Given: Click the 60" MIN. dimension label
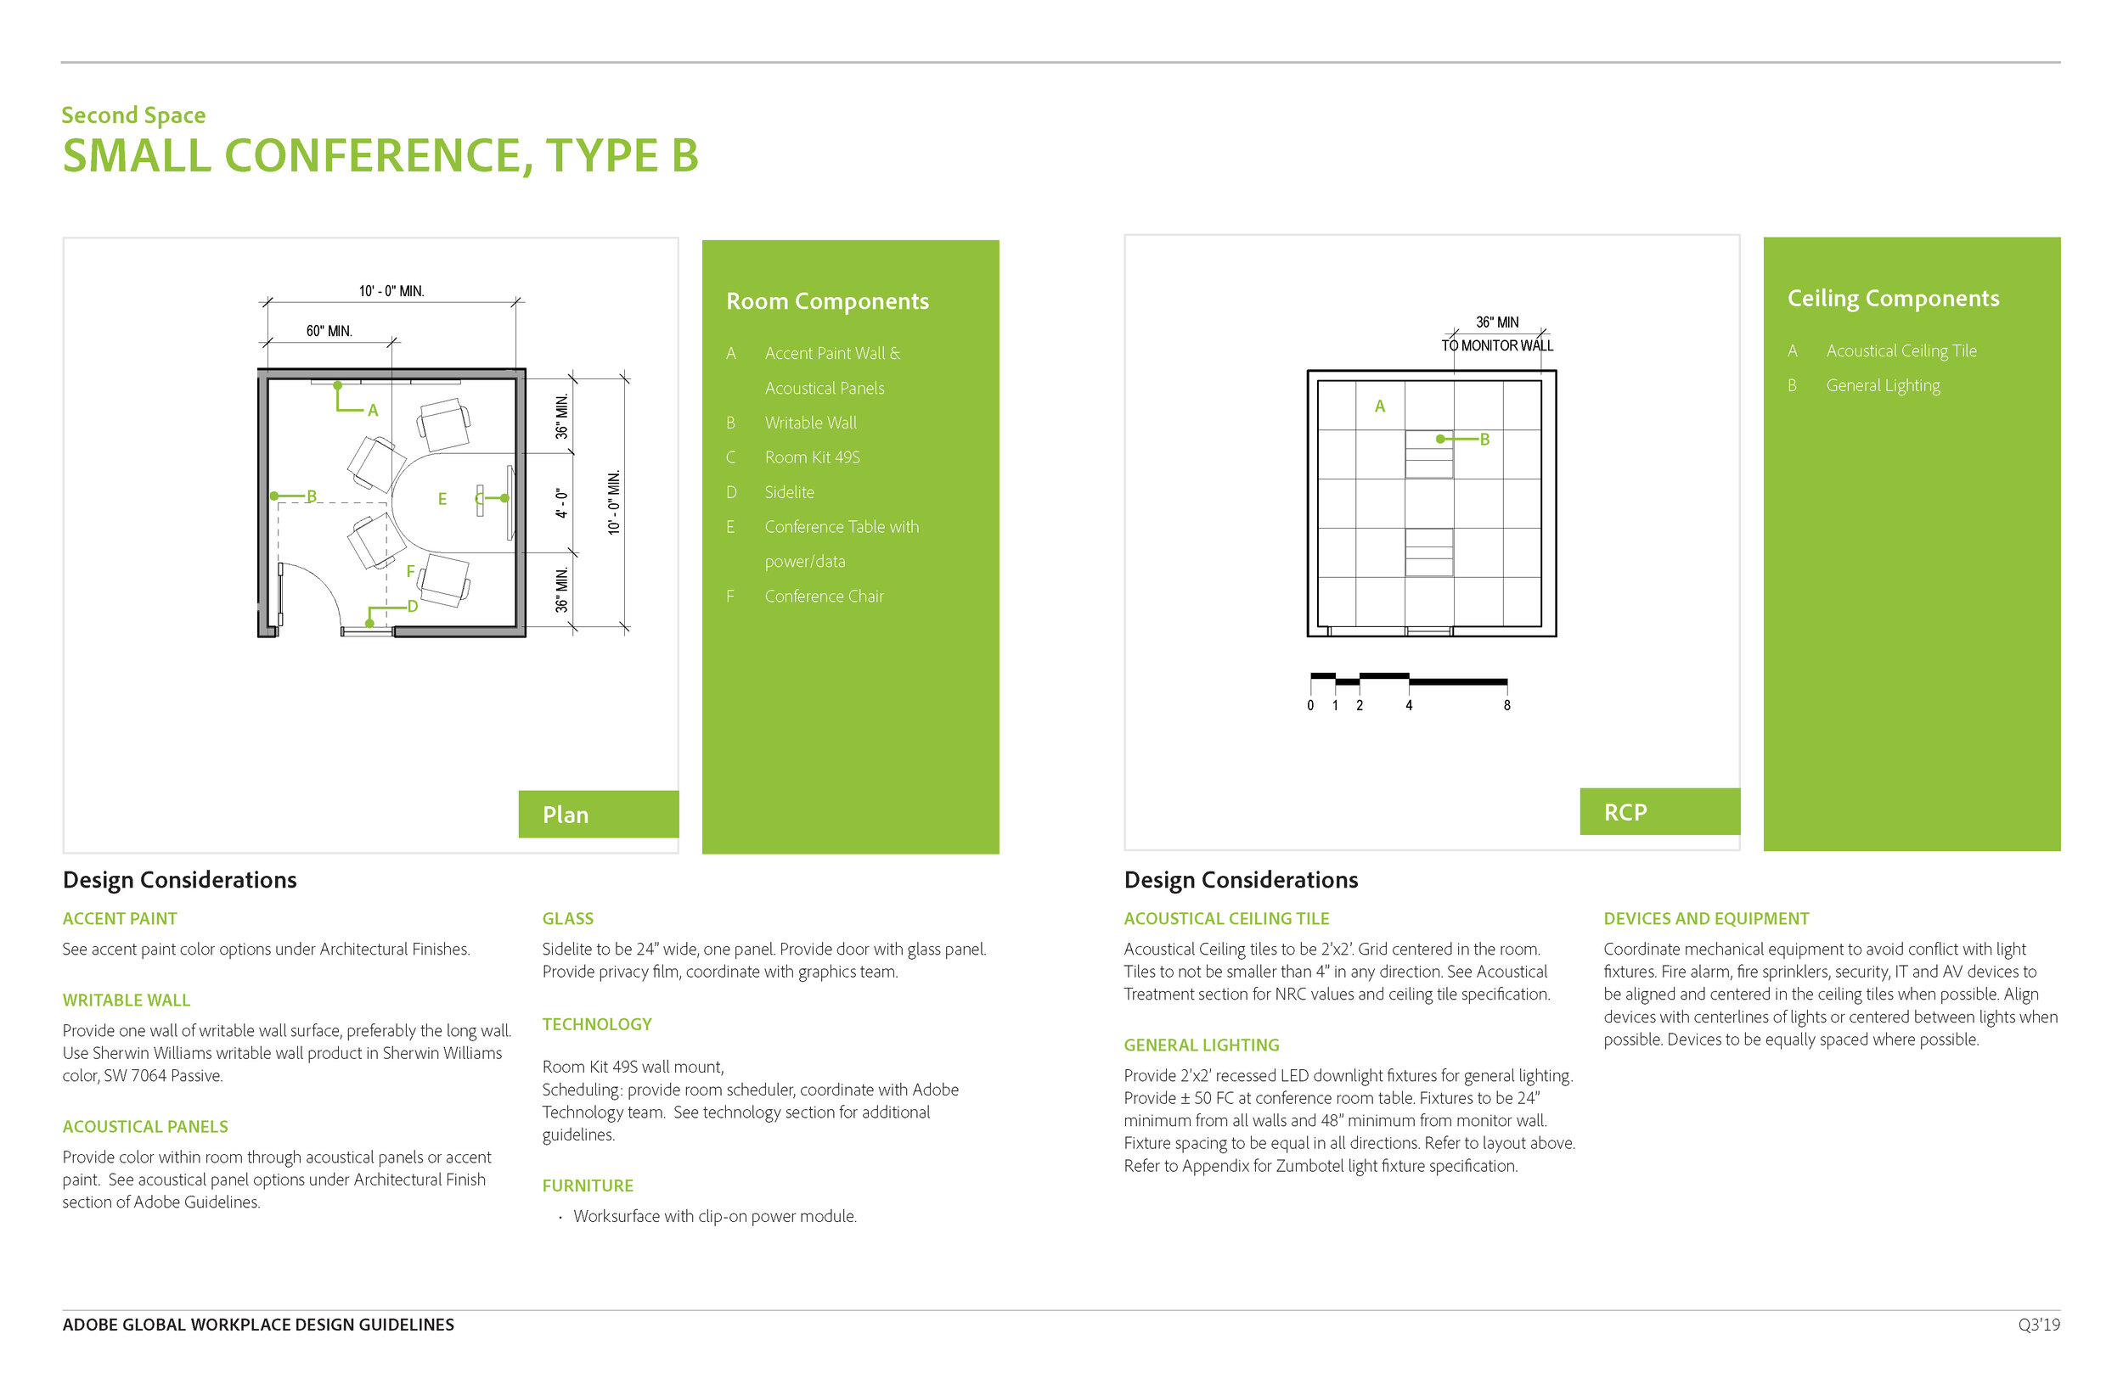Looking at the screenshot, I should pos(329,331).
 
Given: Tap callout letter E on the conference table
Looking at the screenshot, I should pos(442,499).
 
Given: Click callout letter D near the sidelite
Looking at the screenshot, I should pos(412,606).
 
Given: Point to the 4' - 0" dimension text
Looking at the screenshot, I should pos(561,503).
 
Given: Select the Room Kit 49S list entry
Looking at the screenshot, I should pos(811,457).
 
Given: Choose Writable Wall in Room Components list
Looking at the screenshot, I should pos(809,423).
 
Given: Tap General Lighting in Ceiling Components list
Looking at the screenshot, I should pos(1882,385).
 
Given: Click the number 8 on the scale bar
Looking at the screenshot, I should pos(1506,705).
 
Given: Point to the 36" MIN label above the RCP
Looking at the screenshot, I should pos(1497,322).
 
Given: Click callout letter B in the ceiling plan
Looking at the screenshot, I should pos(1484,439).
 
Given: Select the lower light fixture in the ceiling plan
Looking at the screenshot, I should pos(1428,552).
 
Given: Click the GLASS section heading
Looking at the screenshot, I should pos(567,918).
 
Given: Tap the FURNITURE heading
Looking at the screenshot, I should pos(587,1185).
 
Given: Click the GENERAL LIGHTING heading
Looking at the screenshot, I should pos(1201,1045).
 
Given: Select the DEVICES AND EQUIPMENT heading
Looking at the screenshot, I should pos(1705,918).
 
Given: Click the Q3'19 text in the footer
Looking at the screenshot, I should pos(2038,1325).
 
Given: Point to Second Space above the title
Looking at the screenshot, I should pos(134,115).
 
